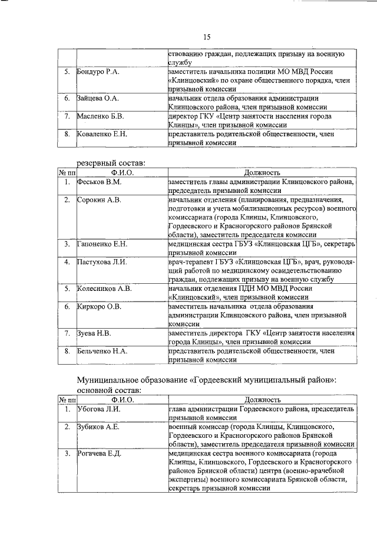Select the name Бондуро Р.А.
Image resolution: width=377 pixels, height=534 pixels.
pos(98,71)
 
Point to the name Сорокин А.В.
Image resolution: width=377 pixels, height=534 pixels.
pos(99,200)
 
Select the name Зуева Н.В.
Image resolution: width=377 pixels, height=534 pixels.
pos(94,333)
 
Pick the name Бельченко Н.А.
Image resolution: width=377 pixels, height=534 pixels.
pos(102,351)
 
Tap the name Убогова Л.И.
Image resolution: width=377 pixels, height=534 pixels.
pos(99,409)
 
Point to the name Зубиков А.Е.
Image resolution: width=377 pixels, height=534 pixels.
pos(99,427)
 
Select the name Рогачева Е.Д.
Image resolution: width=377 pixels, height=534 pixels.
pos(100,454)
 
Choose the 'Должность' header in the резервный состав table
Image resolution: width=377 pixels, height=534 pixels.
pos(261,173)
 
